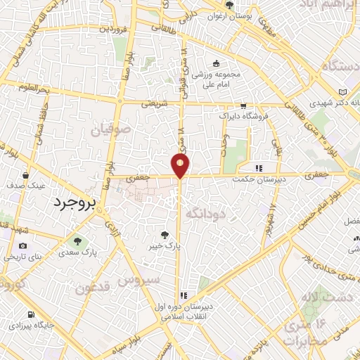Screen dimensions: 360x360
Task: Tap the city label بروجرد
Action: point(73,202)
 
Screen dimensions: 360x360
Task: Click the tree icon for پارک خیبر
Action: point(165,235)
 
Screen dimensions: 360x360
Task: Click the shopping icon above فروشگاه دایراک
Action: point(243,104)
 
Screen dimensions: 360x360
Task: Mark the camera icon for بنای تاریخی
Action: point(23,246)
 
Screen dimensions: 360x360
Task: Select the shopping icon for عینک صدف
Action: point(25,175)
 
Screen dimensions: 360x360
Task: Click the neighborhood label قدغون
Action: point(93,288)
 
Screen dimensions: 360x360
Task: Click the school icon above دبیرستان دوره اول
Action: point(184,296)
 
